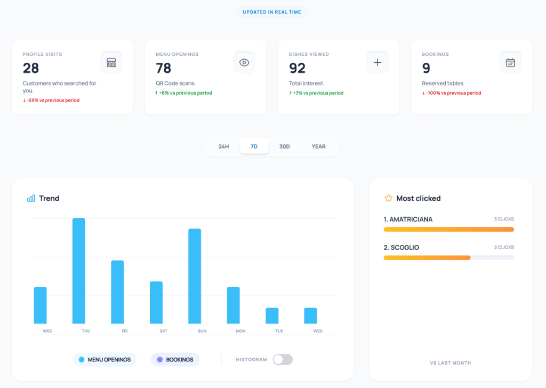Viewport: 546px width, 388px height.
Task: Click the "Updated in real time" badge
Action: (272, 12)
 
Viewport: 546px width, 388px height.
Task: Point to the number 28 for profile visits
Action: (31, 68)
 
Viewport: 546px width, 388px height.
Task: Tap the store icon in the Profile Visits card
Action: (111, 62)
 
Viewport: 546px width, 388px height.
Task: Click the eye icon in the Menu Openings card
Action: (244, 62)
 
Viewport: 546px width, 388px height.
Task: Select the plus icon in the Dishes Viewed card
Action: (378, 62)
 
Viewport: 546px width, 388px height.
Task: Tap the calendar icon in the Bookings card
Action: (510, 62)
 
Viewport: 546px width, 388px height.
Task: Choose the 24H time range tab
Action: (223, 146)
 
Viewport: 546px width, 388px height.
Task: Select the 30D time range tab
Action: (285, 146)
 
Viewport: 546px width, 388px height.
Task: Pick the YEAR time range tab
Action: (318, 146)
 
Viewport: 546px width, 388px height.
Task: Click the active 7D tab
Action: (254, 146)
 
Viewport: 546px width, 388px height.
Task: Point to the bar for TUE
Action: (272, 316)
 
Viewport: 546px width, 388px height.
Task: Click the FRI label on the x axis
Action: (124, 331)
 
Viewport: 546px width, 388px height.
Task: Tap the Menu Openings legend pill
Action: (105, 360)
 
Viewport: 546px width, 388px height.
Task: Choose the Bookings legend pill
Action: (175, 360)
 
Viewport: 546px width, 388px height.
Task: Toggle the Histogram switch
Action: (283, 360)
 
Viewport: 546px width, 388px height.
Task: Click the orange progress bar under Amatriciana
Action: (448, 229)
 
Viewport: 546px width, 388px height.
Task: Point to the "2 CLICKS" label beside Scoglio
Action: (504, 247)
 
